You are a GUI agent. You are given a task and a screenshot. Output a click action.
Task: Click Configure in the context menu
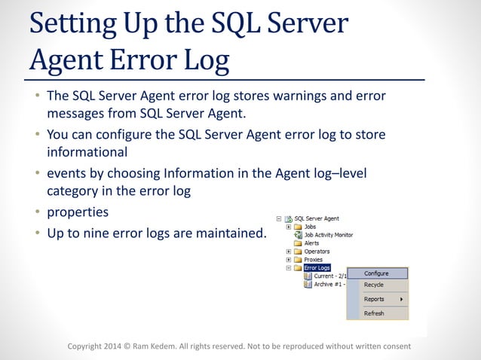(376, 273)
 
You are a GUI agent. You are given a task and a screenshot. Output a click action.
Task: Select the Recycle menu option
(373, 285)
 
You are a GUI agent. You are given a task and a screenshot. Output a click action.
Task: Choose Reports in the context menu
(374, 299)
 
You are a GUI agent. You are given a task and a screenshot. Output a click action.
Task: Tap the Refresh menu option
(373, 313)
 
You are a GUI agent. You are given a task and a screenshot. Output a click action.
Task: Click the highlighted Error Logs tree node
(317, 267)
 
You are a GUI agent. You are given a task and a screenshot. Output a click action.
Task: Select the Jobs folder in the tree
(310, 227)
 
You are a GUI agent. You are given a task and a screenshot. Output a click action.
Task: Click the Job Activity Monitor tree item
(328, 235)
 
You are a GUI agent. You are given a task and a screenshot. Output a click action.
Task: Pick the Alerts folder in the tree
(311, 243)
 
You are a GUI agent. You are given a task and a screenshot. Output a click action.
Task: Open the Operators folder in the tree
(317, 252)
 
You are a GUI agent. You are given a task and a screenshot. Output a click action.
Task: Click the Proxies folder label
(314, 259)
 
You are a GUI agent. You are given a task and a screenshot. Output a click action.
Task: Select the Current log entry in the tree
(329, 276)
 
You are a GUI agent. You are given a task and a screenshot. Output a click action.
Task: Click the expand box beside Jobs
(288, 227)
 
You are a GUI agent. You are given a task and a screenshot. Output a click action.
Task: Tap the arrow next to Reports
(401, 299)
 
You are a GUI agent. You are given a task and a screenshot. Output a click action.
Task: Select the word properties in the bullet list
(78, 212)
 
